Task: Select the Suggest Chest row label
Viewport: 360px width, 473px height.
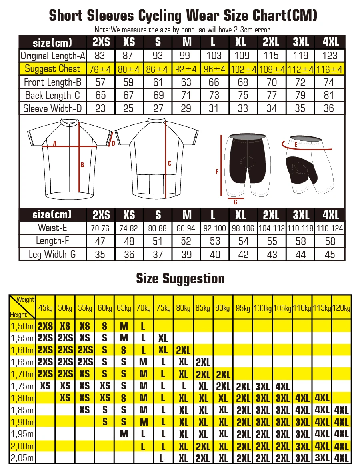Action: (52, 69)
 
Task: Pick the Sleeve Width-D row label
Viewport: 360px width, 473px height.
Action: (52, 108)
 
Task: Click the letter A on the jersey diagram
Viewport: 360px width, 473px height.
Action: (55, 143)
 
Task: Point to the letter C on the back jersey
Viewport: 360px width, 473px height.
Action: (170, 163)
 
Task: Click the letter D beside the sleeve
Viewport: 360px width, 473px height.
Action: (113, 143)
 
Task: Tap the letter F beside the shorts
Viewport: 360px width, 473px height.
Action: (217, 172)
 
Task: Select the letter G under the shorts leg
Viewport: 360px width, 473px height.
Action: (236, 202)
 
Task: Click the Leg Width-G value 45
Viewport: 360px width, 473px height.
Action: (330, 254)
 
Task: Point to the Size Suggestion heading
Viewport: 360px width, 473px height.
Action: (180, 278)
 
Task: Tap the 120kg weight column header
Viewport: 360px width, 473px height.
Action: (342, 308)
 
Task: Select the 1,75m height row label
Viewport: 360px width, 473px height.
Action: (22, 386)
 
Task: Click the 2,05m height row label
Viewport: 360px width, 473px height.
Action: (22, 458)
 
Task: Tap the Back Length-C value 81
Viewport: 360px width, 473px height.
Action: (330, 95)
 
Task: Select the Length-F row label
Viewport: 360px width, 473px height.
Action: (52, 241)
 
